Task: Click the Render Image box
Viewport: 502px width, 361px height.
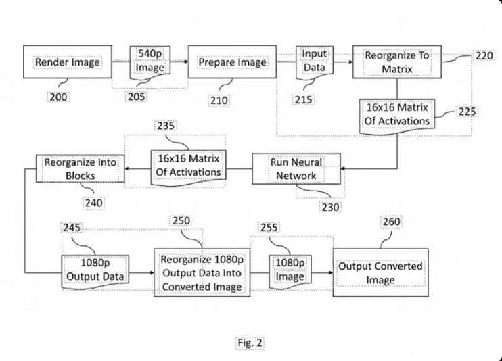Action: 67,63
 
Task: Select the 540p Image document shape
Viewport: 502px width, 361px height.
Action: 150,61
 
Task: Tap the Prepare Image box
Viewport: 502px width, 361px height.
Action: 232,63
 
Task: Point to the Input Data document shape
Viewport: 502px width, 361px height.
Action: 313,61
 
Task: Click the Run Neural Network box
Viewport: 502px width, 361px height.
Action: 296,169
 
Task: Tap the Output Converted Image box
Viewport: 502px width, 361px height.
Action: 380,272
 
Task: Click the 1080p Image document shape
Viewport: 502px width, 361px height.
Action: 290,269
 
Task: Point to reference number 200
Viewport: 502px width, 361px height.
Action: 58,96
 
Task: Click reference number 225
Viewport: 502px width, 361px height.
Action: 467,112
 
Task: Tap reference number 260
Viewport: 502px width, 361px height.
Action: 391,222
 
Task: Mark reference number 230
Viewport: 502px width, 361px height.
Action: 330,208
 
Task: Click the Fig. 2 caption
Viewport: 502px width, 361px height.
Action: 250,342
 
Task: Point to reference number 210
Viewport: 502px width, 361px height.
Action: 219,100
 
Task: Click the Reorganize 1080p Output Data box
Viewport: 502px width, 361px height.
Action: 202,273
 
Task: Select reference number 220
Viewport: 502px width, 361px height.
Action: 484,56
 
